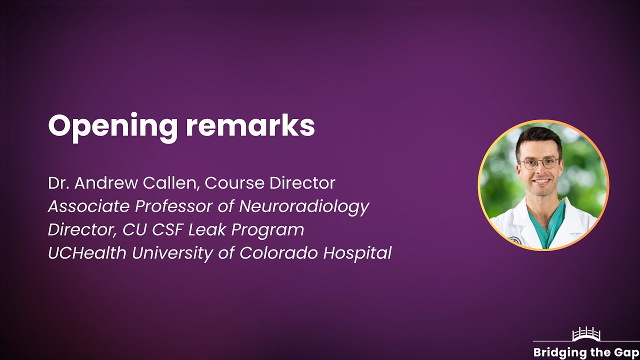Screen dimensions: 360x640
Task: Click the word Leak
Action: coord(209,230)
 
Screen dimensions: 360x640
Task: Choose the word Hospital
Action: coord(357,253)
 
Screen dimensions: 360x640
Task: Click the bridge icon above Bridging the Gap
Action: coord(585,334)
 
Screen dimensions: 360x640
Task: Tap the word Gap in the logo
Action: coord(627,352)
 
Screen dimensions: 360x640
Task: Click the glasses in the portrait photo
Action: coord(539,162)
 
